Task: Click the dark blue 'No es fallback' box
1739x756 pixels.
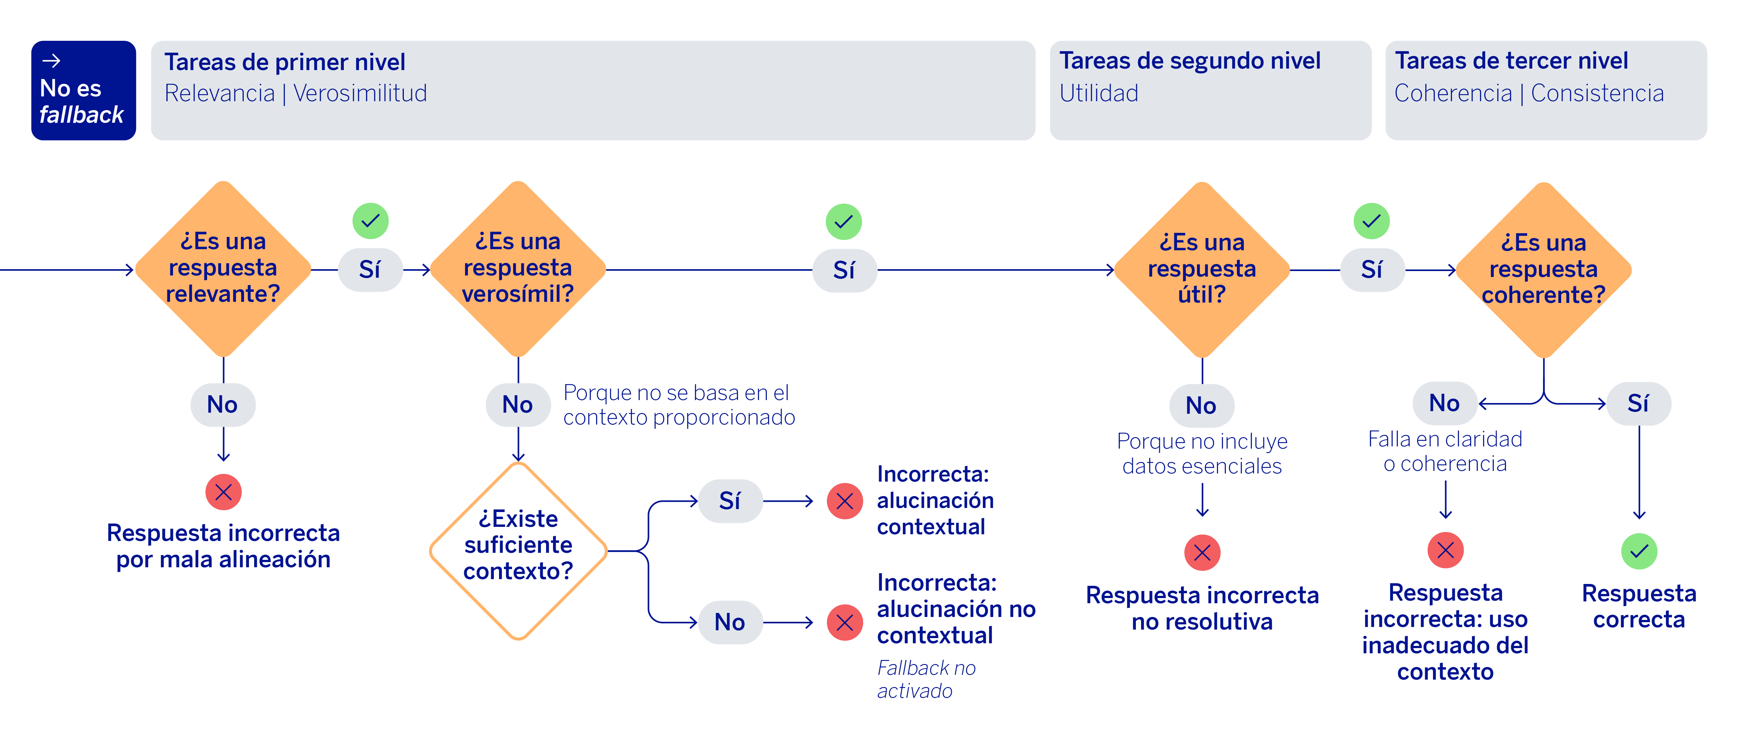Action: pyautogui.click(x=83, y=90)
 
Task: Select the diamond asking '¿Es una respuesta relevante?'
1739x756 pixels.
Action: pyautogui.click(x=223, y=269)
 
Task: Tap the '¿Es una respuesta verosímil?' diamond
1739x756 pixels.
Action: pyautogui.click(x=518, y=269)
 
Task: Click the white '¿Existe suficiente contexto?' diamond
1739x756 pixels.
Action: pyautogui.click(x=518, y=551)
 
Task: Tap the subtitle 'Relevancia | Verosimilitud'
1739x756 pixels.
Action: pyautogui.click(x=296, y=93)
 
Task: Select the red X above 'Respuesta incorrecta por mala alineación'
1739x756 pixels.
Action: pyautogui.click(x=223, y=492)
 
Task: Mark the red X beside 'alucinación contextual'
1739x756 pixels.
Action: pyautogui.click(x=845, y=501)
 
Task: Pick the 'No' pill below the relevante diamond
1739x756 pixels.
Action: pyautogui.click(x=223, y=405)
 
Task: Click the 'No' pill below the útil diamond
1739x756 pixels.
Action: pyautogui.click(x=1202, y=405)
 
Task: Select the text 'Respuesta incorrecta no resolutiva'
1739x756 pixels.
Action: pyautogui.click(x=1202, y=608)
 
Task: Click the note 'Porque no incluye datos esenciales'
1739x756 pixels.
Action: pyautogui.click(x=1202, y=453)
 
